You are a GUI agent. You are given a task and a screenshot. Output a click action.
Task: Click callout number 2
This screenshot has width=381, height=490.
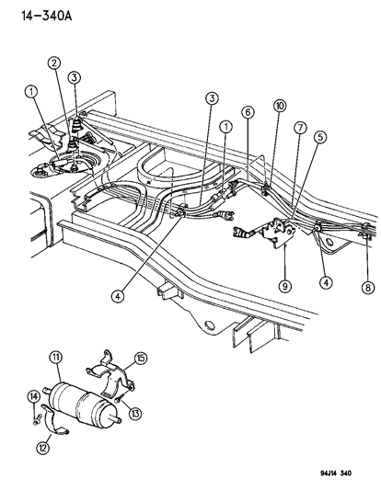point(56,63)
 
